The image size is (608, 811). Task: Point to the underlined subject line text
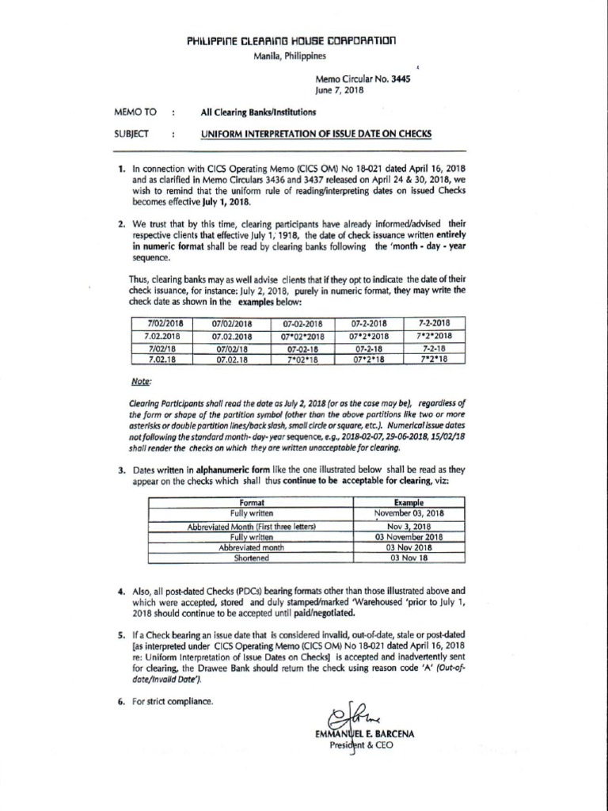(x=316, y=134)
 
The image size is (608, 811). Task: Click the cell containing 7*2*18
(x=435, y=359)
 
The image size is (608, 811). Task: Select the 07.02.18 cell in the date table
(x=233, y=359)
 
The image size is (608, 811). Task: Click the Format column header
(x=251, y=502)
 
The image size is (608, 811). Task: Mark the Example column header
(x=408, y=502)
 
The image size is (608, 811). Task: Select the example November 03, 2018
(x=408, y=513)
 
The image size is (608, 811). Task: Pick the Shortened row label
(x=251, y=558)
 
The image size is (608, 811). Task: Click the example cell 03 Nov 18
(x=408, y=558)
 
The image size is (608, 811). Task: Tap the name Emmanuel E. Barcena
(x=365, y=733)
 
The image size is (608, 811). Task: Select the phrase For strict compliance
(x=173, y=700)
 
